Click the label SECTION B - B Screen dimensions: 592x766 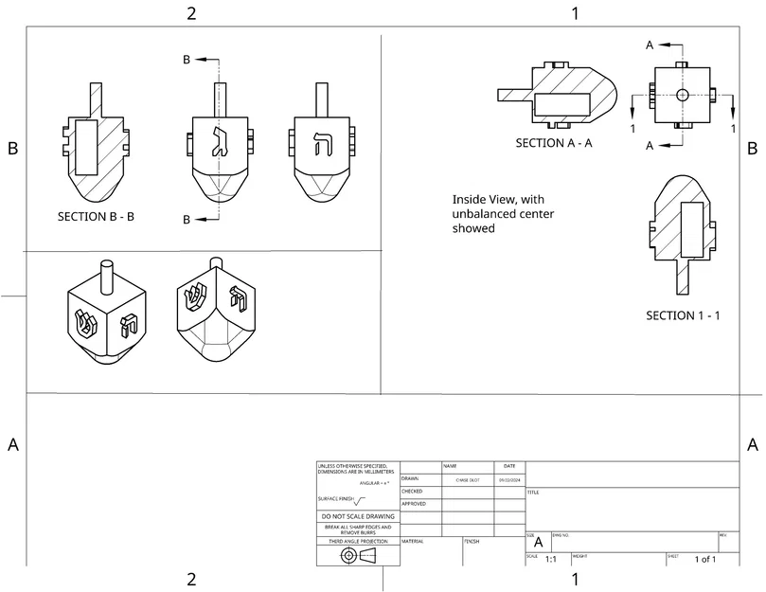96,216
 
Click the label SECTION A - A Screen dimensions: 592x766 554,143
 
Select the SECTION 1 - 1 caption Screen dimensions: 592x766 683,315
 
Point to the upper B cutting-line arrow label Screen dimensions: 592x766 187,60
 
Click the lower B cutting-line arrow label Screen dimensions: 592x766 187,220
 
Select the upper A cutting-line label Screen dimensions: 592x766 650,45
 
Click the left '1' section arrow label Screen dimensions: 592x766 632,128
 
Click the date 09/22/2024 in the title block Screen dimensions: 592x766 508,480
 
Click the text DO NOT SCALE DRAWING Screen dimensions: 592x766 358,516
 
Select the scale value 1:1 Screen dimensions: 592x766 551,560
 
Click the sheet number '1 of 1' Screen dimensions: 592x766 705,560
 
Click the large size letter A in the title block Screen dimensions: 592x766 539,544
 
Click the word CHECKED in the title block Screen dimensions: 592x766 412,492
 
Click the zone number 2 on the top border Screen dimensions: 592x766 192,13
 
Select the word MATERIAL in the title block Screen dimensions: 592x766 413,542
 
